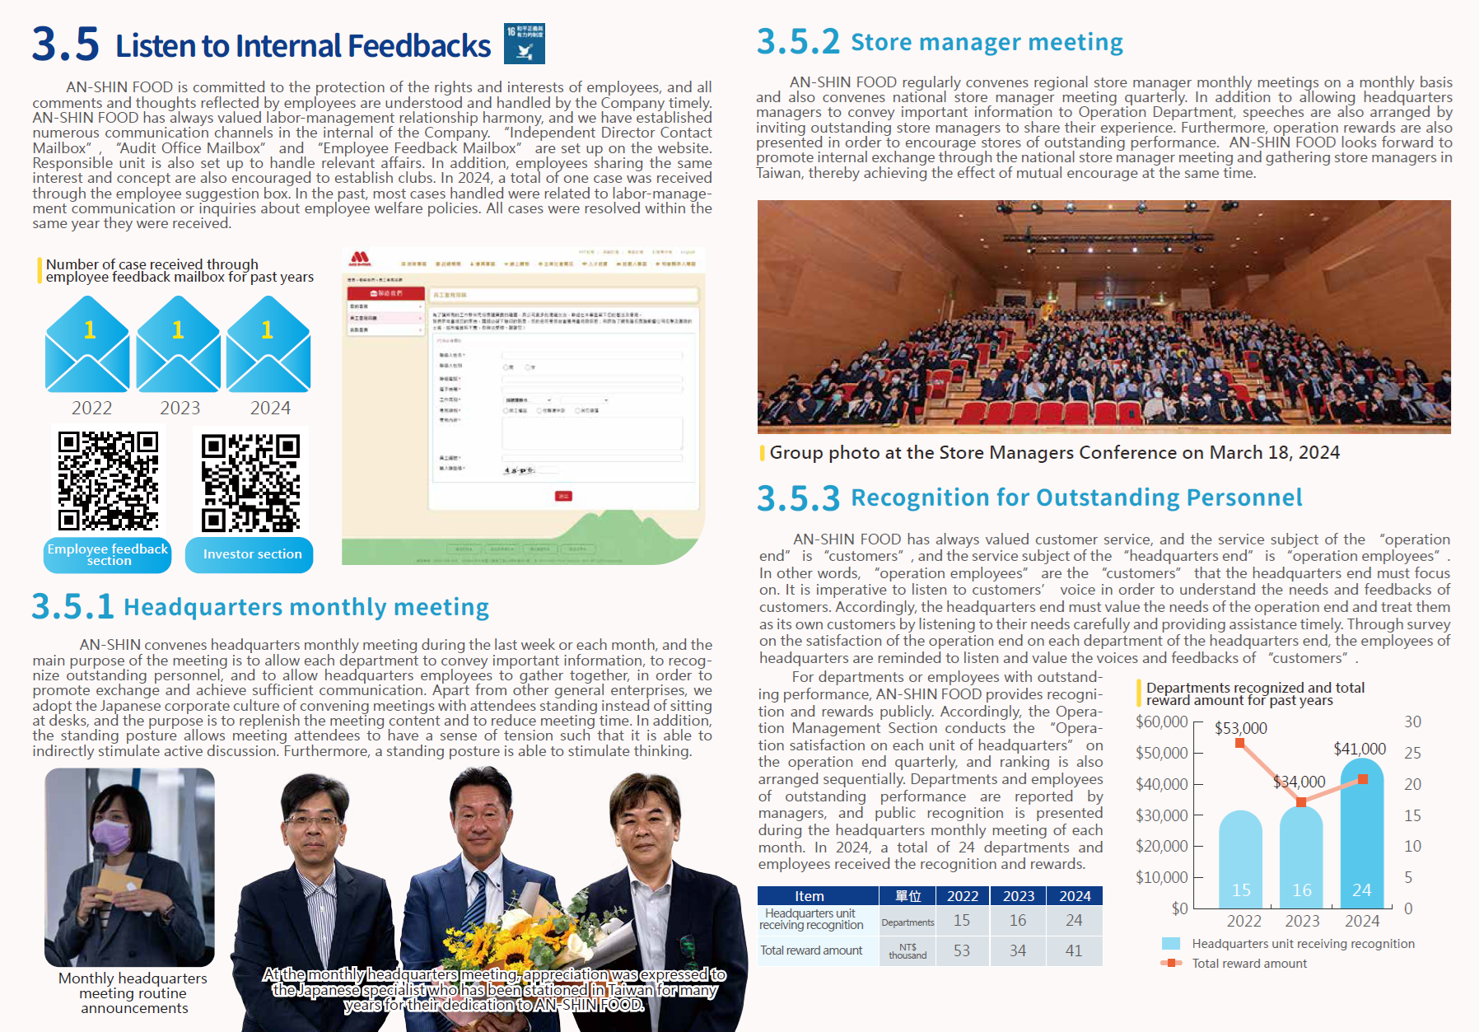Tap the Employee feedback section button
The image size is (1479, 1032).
[107, 554]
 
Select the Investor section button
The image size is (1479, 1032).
[250, 554]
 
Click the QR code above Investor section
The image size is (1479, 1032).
[251, 482]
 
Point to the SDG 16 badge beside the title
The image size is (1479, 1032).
[525, 44]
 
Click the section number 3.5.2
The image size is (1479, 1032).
[797, 42]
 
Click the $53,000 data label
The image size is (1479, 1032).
[1240, 728]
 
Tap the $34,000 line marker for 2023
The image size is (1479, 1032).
[1301, 801]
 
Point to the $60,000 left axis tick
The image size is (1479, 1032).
[1161, 722]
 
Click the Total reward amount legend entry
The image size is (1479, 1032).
[1249, 964]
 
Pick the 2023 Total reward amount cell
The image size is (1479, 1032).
[1018, 951]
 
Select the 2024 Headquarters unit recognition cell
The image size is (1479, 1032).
[1074, 921]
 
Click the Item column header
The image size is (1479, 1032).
[809, 896]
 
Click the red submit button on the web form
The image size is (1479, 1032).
[563, 496]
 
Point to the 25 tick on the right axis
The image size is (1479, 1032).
[1412, 753]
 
